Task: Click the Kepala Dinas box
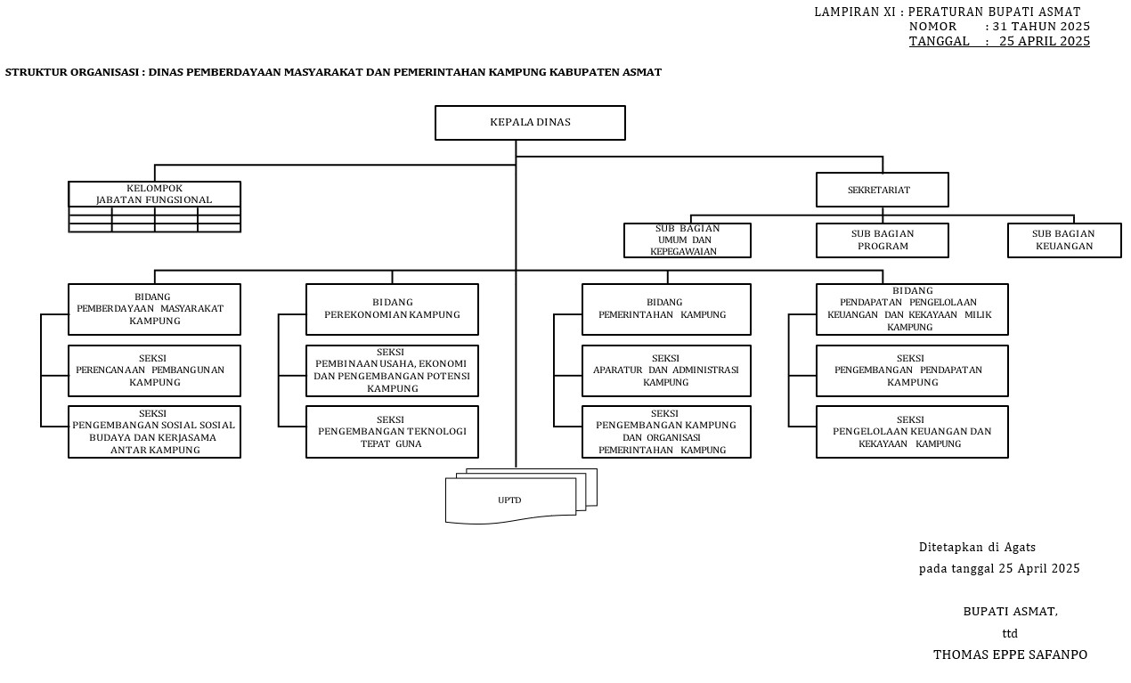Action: (530, 123)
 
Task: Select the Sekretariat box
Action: (882, 190)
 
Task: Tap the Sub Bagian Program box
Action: (882, 240)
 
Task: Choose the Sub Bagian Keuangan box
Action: (1064, 240)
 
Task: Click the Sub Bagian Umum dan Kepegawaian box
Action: (687, 240)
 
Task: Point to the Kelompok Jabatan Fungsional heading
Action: (154, 194)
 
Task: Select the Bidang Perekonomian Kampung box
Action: (392, 309)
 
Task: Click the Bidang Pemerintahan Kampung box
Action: (666, 309)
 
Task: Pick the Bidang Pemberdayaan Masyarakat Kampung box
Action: (154, 309)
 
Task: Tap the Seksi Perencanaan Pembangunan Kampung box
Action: (154, 370)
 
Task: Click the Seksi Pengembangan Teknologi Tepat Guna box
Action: (392, 432)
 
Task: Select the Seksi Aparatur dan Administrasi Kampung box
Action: (666, 370)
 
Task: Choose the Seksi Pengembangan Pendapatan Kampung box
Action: (912, 370)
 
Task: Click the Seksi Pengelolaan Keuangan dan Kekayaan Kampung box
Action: (912, 432)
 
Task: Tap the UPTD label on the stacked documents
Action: (509, 500)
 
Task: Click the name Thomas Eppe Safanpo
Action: (1010, 655)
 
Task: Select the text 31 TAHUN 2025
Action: (1041, 27)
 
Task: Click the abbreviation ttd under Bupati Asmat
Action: (1010, 633)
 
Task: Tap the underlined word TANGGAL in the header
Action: (939, 41)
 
